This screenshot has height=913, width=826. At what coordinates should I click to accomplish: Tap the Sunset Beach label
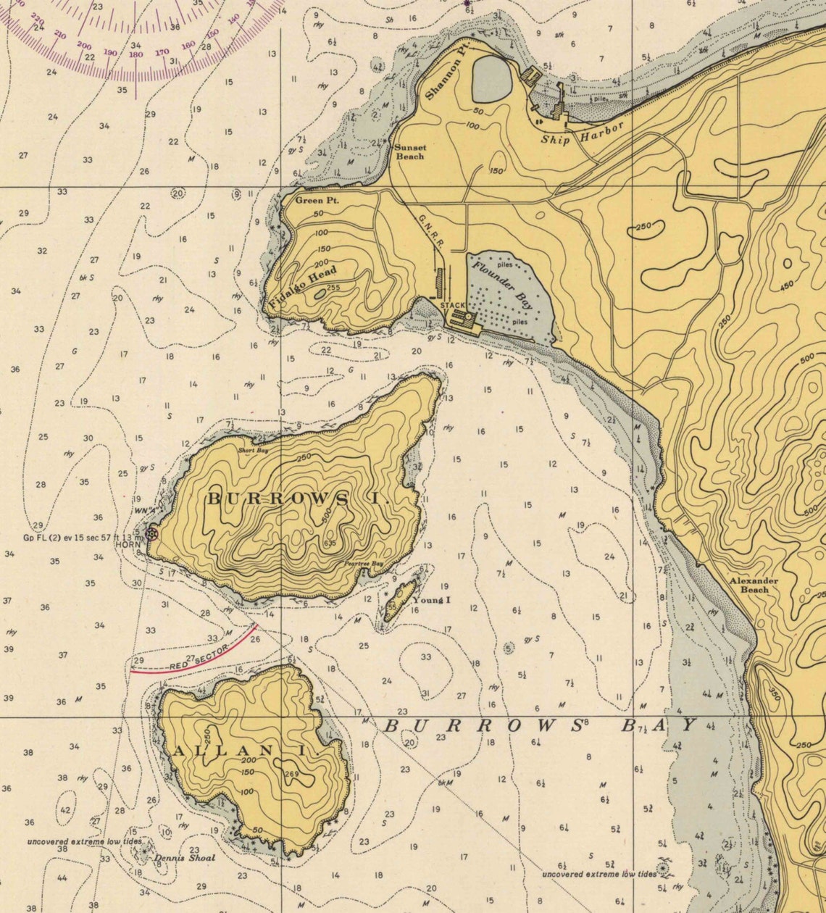(409, 151)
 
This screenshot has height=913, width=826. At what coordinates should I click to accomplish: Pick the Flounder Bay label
(502, 285)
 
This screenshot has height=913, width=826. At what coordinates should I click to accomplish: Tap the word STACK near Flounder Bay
(453, 306)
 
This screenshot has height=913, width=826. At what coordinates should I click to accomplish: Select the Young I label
(432, 600)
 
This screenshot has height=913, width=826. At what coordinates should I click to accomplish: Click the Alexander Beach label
(754, 585)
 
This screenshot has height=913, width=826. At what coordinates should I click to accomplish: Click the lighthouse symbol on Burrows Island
(151, 534)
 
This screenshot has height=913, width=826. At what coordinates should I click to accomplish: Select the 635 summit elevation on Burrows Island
(330, 543)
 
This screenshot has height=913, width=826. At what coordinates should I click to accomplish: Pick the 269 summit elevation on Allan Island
(292, 774)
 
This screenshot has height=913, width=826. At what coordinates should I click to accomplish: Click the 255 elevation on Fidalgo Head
(333, 288)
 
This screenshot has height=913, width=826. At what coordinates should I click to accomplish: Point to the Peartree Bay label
(363, 563)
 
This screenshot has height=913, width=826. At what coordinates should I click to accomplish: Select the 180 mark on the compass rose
(135, 54)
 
